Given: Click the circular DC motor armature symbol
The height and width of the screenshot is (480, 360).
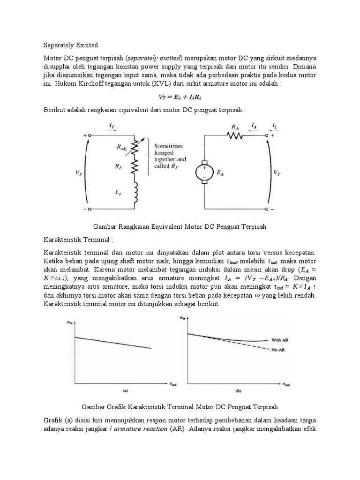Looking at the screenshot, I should [x=204, y=172].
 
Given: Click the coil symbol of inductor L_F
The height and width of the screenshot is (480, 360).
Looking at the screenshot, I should [x=136, y=192].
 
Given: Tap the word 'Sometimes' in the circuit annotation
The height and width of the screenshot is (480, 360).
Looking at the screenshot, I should [x=169, y=146].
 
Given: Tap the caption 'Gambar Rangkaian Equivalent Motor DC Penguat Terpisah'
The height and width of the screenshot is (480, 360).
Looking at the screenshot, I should [x=180, y=226].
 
